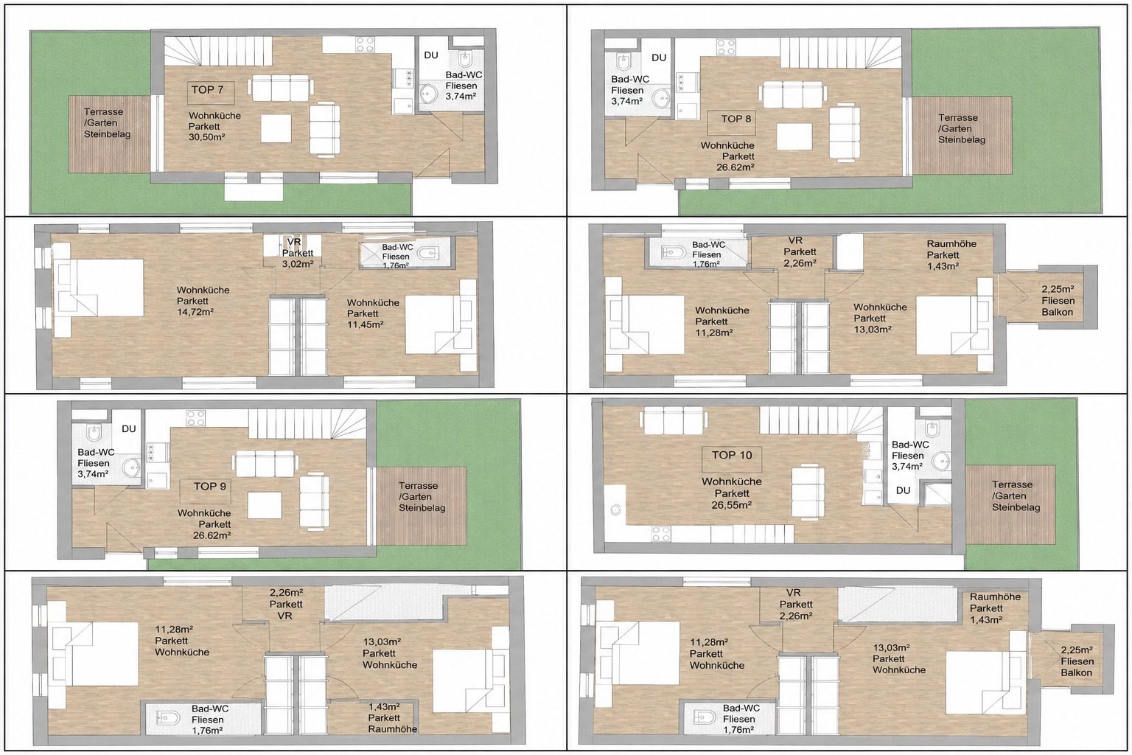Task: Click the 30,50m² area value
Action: point(206,137)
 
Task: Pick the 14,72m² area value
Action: point(195,312)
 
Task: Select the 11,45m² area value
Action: point(365,324)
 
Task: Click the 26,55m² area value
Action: point(731,504)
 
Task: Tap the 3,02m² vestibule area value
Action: point(298,264)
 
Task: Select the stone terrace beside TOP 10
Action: point(1010,504)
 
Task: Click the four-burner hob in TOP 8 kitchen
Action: point(726,47)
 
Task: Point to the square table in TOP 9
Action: point(265,504)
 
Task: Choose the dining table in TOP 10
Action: point(808,492)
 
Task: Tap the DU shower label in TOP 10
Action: point(903,490)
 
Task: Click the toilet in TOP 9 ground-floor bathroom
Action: point(94,432)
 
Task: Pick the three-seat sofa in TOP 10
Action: point(673,422)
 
